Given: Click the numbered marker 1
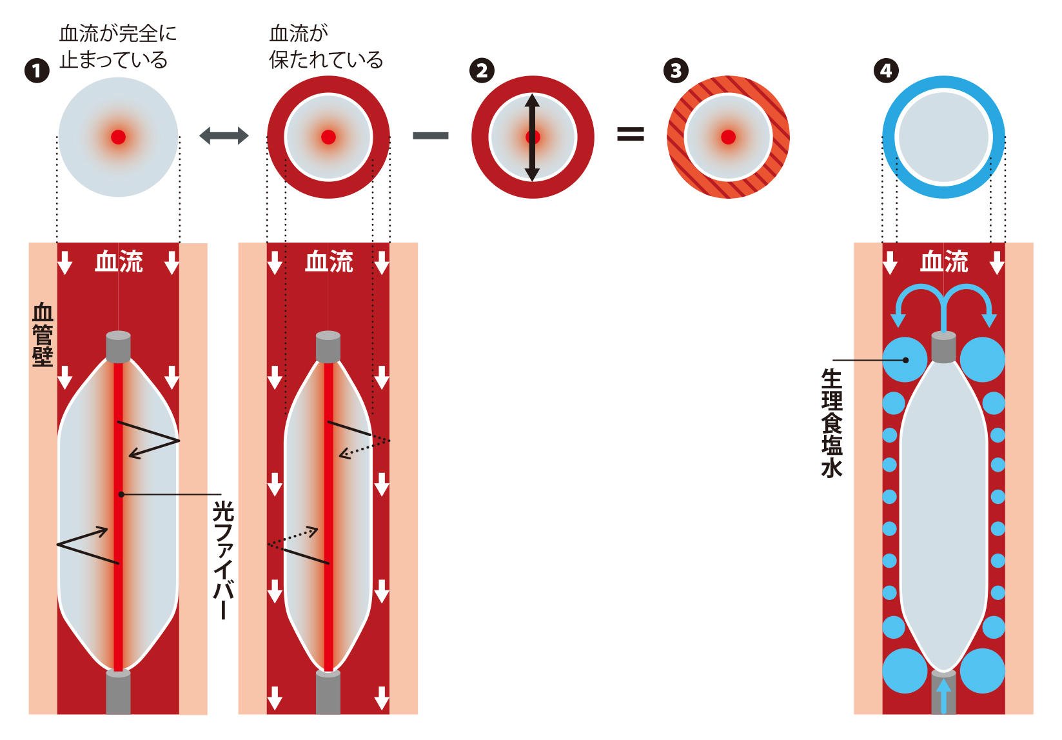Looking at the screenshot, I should [37, 70].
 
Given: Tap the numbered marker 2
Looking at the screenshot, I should [482, 70].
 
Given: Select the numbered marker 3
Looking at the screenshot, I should [676, 70].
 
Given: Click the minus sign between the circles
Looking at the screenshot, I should [431, 135].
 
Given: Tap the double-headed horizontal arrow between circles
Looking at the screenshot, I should [224, 135].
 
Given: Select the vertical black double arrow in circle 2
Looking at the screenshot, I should [532, 137].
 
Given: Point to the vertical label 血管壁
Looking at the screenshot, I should [43, 335].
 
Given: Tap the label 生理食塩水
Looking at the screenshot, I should [832, 423].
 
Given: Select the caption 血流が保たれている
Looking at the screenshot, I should [326, 46].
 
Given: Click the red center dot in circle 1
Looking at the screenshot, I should [118, 137].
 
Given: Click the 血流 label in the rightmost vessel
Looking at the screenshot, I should [944, 262].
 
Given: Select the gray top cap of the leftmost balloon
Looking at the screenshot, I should [118, 346].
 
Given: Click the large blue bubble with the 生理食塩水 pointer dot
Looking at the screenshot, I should [901, 359].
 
